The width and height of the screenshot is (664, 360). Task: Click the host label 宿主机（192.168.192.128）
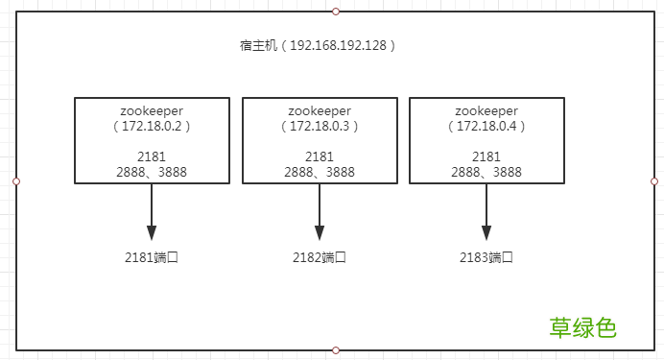coord(319,45)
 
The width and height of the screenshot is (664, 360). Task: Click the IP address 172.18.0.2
coord(152,126)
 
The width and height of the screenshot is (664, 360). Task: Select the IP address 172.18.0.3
coord(320,126)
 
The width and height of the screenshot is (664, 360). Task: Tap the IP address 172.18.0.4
coord(486,126)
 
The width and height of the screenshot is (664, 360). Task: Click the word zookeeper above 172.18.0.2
coord(152,110)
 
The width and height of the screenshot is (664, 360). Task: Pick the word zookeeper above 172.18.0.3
coord(320,110)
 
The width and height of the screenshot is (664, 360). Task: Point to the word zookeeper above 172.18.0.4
coord(486,110)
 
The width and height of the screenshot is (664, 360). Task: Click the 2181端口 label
coord(152,257)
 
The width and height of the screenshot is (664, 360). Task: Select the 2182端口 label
coord(320,257)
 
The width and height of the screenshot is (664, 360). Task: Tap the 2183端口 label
coord(486,257)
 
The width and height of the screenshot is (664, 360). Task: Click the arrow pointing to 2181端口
coord(152,212)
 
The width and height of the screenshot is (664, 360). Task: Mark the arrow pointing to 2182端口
coord(320,212)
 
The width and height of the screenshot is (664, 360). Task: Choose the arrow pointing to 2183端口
coord(486,212)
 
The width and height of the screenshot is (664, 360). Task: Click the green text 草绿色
coord(582,327)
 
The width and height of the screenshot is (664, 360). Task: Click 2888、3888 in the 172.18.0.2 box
coord(152,172)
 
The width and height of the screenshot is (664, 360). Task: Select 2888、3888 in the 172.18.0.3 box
coord(320,172)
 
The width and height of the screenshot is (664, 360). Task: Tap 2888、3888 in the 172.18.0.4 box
coord(486,172)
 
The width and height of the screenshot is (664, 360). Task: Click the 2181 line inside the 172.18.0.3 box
coord(320,156)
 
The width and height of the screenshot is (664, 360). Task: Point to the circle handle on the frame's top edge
coord(335,12)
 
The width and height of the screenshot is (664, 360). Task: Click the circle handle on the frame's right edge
coord(654,181)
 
